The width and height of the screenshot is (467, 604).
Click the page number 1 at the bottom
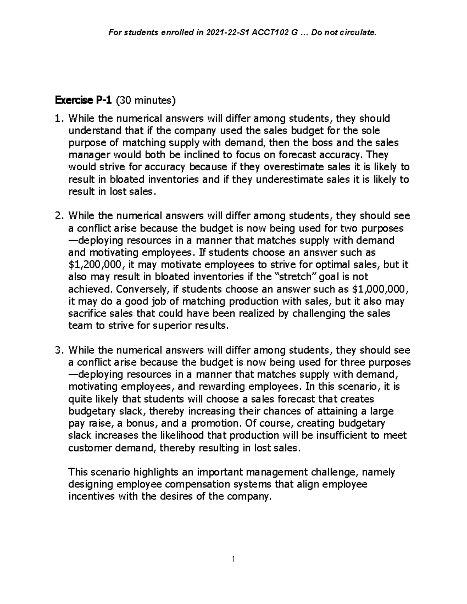point(233,559)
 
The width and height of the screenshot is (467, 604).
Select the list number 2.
point(58,216)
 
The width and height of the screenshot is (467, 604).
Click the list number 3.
point(58,350)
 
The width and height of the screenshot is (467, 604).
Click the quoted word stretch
point(294,277)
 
